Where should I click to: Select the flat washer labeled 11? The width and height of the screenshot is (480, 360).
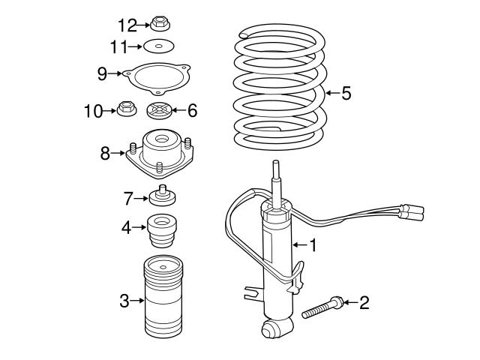pyautogui.click(x=157, y=46)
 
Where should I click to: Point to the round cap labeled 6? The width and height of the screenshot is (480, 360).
pyautogui.click(x=159, y=111)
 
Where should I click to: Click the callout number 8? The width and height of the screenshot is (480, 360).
pyautogui.click(x=105, y=153)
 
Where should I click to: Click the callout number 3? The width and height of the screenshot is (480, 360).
pyautogui.click(x=124, y=301)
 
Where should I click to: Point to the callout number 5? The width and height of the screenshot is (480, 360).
pyautogui.click(x=346, y=93)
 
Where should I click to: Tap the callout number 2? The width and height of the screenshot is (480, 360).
pyautogui.click(x=365, y=302)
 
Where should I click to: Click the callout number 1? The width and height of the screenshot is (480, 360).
pyautogui.click(x=313, y=244)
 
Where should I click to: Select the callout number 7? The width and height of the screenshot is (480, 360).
pyautogui.click(x=127, y=198)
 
